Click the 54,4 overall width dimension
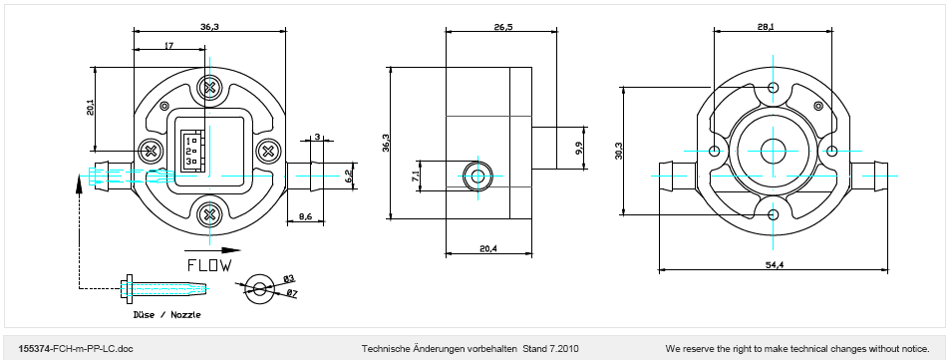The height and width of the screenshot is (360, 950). pos(774,266)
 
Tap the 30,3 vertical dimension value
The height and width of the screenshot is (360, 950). pos(618,151)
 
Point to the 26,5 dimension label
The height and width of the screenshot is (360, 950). pos(499,26)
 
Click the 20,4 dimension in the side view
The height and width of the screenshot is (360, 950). pos(488,249)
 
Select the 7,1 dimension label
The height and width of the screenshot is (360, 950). pos(415,177)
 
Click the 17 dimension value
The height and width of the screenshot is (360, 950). pos(169,45)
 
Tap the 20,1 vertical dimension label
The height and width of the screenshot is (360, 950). pos(91,108)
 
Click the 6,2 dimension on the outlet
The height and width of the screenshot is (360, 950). pos(348,176)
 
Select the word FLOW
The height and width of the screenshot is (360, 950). pos(209,265)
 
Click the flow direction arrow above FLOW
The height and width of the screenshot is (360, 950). pos(212,249)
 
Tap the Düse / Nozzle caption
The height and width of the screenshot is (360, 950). pos(166,314)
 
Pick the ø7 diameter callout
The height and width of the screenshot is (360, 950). pos(291,293)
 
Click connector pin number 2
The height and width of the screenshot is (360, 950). pos(188,151)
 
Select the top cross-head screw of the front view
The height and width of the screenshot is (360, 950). pos(210,88)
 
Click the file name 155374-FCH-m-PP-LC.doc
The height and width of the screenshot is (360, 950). pos(76,348)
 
